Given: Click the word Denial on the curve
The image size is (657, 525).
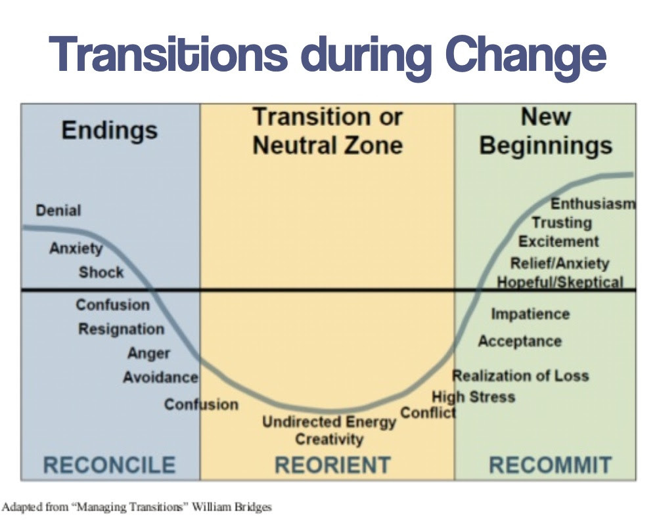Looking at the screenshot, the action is (x=58, y=210).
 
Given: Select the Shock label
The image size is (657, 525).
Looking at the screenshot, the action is (x=101, y=272).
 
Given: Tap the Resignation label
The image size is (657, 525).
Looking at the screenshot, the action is (x=121, y=329).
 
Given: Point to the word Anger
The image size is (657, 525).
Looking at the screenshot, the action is (x=148, y=354).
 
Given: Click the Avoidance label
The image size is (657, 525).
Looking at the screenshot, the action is (x=160, y=377).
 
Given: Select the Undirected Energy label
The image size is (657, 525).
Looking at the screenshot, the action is (x=329, y=422).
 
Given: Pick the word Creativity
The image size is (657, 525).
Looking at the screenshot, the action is (x=329, y=439).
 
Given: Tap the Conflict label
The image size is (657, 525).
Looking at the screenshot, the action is (x=428, y=413).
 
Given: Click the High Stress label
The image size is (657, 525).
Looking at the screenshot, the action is (x=474, y=396).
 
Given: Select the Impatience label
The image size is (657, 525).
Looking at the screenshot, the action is (x=530, y=314).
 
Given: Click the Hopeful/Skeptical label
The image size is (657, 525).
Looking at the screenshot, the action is (x=560, y=282).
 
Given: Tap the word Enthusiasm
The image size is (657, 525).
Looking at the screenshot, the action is (x=593, y=204).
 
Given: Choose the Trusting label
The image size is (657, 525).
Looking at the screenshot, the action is (x=562, y=222).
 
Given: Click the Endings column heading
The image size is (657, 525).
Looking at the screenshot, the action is (x=110, y=131).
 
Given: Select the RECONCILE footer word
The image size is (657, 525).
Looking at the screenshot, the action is (x=109, y=465).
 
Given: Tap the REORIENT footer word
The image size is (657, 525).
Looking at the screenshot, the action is (x=332, y=465).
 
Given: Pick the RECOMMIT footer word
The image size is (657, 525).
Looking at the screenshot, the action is (x=551, y=465).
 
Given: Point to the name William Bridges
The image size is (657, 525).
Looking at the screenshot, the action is (x=232, y=507).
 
